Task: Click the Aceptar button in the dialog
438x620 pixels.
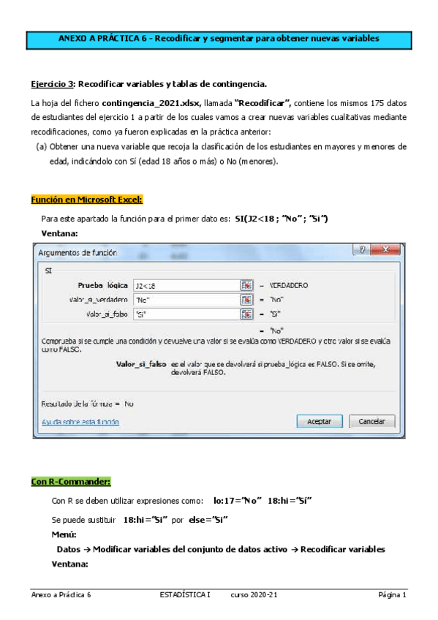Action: pos(320,422)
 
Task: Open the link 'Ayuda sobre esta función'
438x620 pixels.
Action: pos(80,423)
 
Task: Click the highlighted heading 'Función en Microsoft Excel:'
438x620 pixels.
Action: pos(87,200)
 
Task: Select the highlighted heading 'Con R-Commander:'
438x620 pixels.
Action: pos(71,482)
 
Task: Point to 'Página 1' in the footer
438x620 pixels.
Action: pos(392,596)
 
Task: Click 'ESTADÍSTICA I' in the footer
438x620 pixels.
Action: pos(184,596)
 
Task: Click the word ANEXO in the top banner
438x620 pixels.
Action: pos(73,38)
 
